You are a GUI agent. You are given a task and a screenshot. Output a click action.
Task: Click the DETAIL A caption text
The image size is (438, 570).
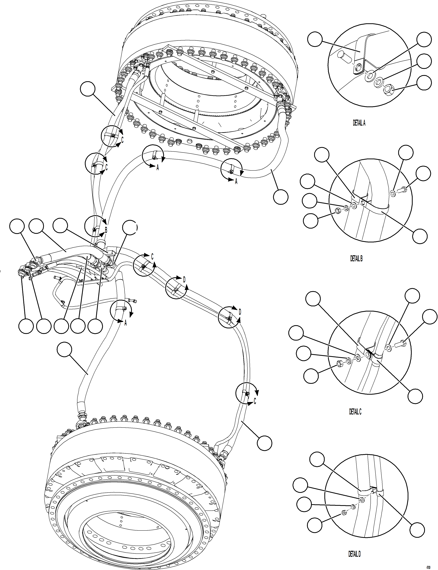(x=359, y=123)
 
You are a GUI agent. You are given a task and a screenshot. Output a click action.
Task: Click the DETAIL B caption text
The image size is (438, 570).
(x=356, y=258)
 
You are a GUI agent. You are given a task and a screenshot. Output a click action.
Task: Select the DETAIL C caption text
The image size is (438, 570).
(x=355, y=411)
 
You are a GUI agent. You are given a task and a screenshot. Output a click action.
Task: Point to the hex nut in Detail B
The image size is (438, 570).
(x=337, y=210)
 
